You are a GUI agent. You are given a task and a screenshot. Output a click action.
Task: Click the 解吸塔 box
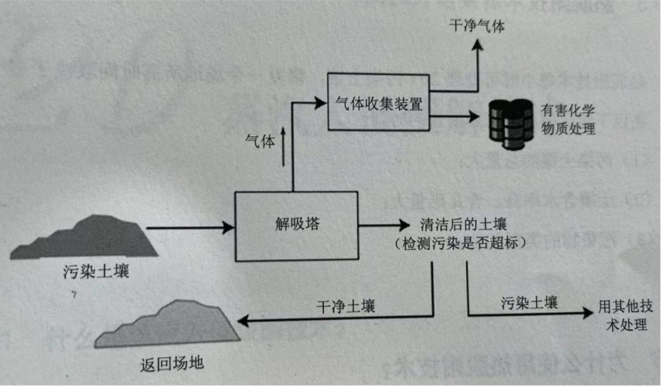[x=297, y=224]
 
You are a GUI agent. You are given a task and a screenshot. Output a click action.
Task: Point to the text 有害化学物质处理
[x=568, y=120]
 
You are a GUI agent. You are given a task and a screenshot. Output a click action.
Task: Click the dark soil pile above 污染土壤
[x=87, y=237]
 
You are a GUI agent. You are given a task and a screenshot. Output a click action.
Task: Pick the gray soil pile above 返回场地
[x=169, y=322]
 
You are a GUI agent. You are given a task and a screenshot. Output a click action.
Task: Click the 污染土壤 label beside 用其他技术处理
[x=529, y=303]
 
